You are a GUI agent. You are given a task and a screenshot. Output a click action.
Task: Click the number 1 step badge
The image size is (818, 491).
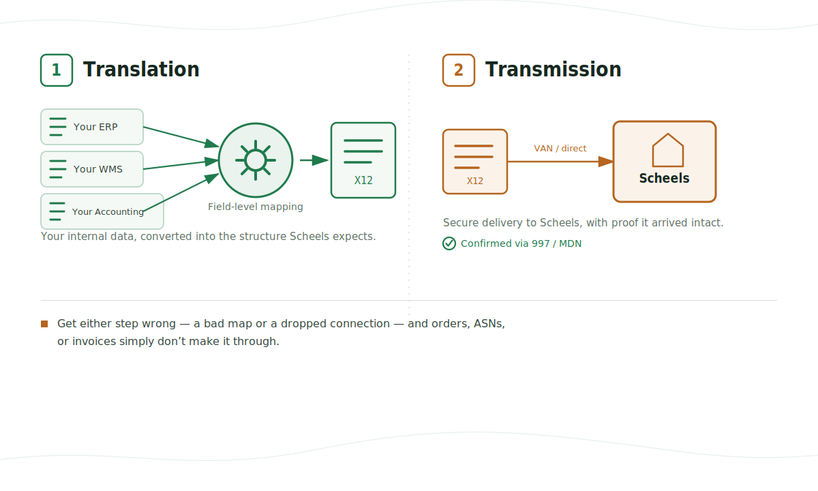[x=57, y=70]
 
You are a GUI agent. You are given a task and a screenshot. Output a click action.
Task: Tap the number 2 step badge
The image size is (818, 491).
[x=459, y=70]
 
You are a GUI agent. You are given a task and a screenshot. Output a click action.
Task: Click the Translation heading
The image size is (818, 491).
[x=141, y=70]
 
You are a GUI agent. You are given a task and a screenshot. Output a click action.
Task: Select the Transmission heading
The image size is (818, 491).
[x=554, y=70]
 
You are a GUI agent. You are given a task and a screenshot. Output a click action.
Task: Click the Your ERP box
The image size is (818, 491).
[x=92, y=127]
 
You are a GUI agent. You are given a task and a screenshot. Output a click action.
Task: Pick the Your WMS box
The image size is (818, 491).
[x=92, y=169]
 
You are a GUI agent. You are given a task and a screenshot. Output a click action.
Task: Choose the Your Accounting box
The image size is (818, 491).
[x=102, y=211]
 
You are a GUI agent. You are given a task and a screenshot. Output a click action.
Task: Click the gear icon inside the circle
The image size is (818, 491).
[x=256, y=160]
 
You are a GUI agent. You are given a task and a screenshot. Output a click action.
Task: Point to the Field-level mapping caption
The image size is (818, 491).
[x=256, y=207]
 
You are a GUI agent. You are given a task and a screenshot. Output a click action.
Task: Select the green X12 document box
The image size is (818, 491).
[x=363, y=160]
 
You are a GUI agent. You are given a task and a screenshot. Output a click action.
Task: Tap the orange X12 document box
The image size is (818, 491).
[x=475, y=162]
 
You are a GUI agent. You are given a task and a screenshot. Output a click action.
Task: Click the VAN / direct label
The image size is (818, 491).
[x=560, y=149]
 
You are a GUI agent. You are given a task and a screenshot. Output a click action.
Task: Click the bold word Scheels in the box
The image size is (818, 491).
[x=664, y=178]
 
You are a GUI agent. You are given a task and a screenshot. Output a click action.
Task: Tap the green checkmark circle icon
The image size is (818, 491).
[x=449, y=243]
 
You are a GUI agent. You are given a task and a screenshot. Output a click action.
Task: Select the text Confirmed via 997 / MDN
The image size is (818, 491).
[x=521, y=243]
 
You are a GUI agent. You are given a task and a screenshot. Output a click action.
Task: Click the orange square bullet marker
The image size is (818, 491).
[x=44, y=324]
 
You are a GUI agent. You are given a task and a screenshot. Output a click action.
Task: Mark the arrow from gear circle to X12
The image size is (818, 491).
[x=314, y=160]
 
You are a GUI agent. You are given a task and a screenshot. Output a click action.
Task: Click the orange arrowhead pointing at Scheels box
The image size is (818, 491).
[x=606, y=162]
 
